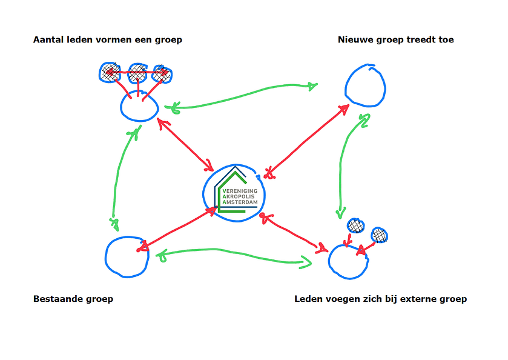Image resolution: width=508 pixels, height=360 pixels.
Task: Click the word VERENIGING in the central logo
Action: tap(240, 191)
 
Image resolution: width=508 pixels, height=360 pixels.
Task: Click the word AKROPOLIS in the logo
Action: tap(239, 196)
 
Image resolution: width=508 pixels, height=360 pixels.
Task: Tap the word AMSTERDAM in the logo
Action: tap(240, 202)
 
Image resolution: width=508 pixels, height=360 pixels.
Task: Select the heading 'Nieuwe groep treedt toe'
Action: tap(395, 40)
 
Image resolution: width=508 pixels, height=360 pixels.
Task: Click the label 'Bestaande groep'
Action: tap(73, 299)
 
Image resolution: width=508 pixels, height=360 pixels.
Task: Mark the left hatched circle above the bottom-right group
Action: tap(356, 225)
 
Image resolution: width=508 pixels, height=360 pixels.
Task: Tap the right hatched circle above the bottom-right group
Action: tap(380, 235)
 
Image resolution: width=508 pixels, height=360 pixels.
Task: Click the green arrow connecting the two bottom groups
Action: tap(233, 252)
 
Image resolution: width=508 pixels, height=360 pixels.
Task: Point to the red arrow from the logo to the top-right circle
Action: tap(306, 141)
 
